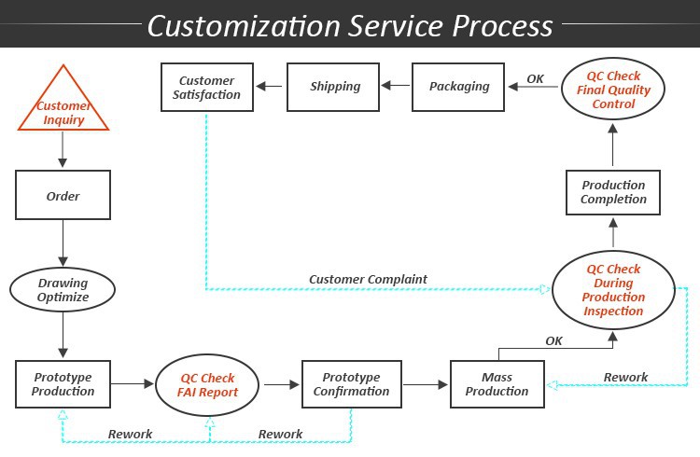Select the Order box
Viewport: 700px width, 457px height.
point(63,197)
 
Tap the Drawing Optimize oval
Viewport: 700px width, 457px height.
point(63,290)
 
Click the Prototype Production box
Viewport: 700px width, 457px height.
point(63,384)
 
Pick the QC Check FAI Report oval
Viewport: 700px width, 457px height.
point(206,384)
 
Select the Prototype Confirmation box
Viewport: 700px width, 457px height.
point(350,384)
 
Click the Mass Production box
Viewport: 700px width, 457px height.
point(497,384)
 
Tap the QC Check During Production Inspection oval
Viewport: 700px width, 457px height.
point(613,290)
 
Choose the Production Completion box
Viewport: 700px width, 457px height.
point(613,192)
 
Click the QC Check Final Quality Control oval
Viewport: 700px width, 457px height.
point(612,90)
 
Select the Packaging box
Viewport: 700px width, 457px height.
point(459,87)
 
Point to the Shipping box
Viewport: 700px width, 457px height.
point(335,87)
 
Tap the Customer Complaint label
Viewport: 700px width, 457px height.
point(368,279)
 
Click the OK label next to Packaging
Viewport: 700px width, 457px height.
point(535,78)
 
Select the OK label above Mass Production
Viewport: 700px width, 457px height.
point(553,340)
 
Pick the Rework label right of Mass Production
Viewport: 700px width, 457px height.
point(625,377)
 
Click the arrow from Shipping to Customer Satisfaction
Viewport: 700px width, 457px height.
point(271,88)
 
